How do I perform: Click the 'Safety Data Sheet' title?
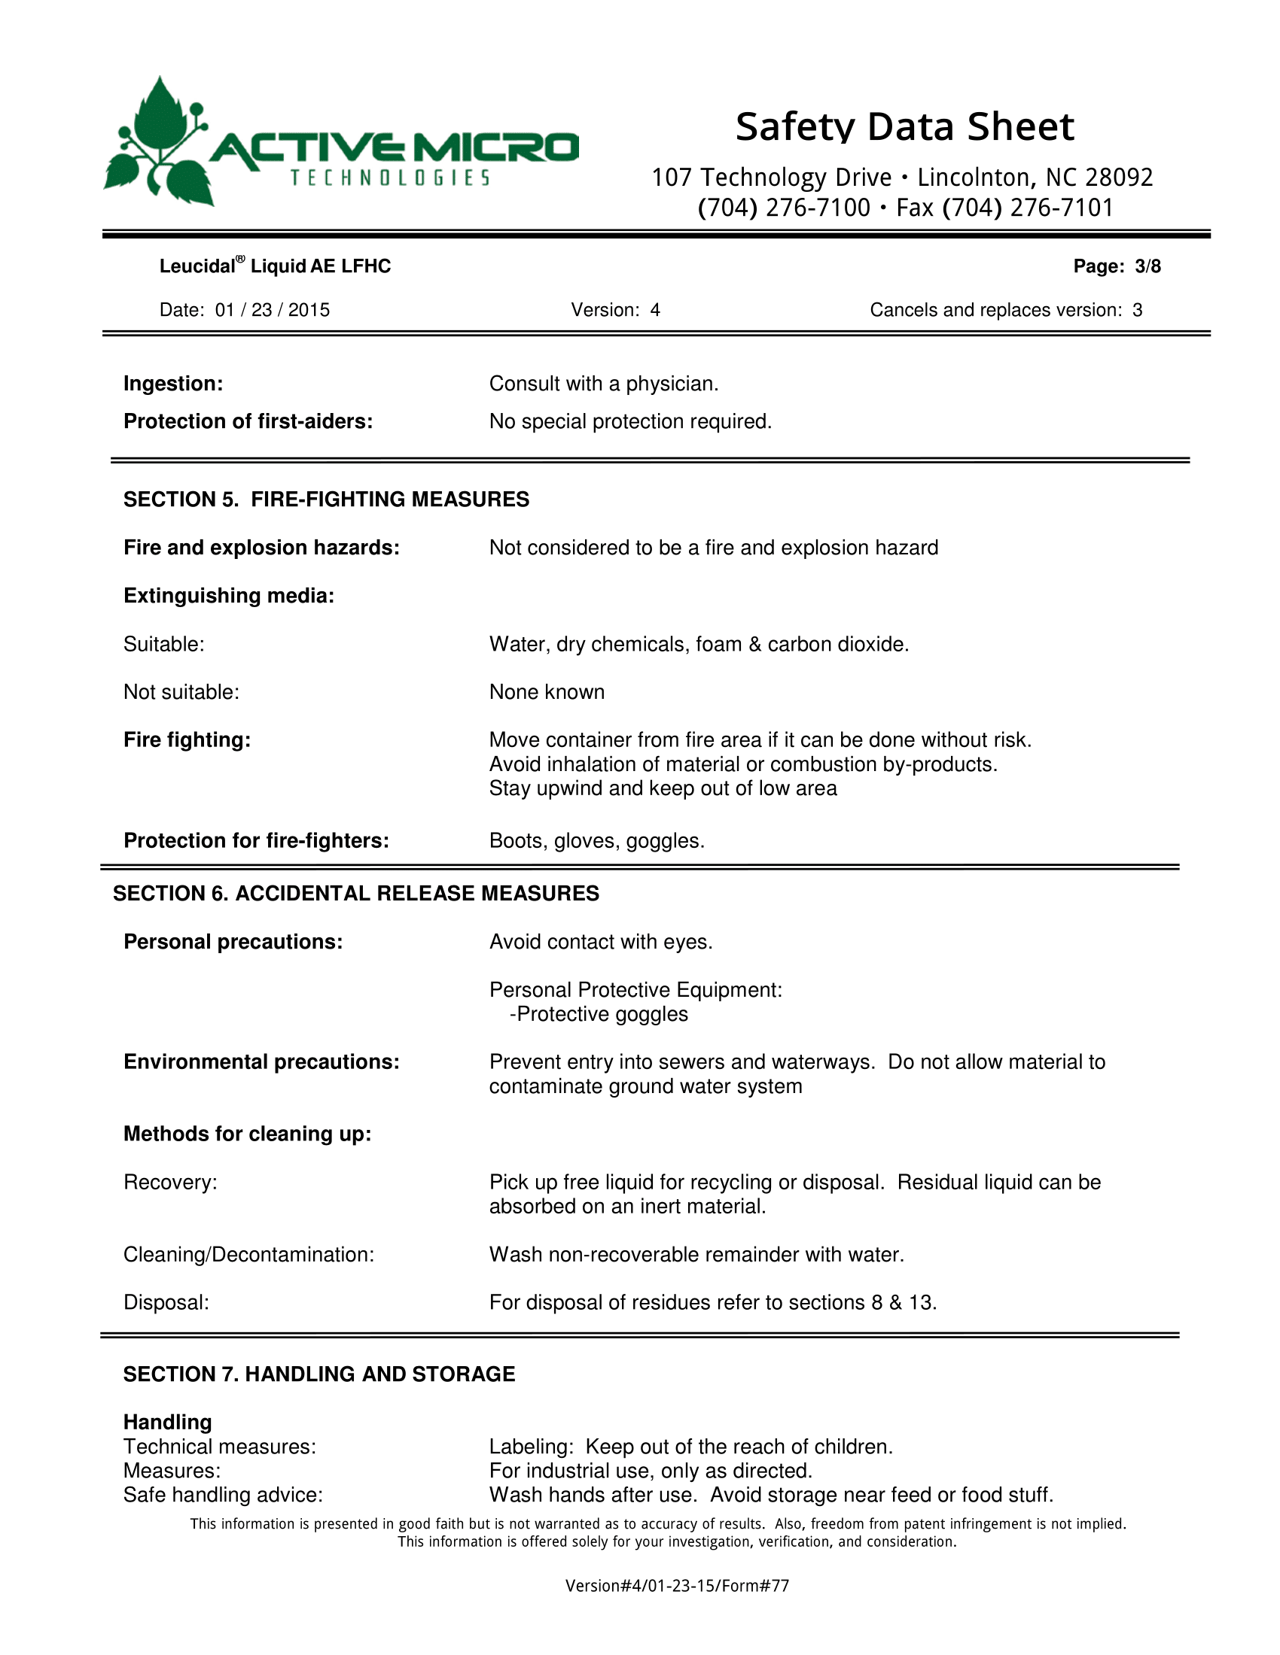tap(904, 126)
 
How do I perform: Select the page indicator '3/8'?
tap(1147, 266)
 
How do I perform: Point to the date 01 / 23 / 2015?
tap(273, 310)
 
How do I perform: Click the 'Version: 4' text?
tap(615, 310)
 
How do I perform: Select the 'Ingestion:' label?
tap(173, 384)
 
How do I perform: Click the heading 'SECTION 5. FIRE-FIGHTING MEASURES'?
tap(326, 500)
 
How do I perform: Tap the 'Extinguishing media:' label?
tap(228, 596)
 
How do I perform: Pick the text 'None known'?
tap(547, 692)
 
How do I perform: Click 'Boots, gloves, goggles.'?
tap(597, 840)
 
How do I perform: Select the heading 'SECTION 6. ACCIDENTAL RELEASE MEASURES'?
tap(355, 894)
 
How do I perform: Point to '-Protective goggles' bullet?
tap(599, 1014)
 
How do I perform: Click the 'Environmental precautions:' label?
tap(261, 1061)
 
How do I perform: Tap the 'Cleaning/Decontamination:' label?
tap(248, 1254)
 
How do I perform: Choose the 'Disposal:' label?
tap(166, 1302)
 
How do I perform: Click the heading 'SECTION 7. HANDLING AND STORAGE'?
tap(318, 1374)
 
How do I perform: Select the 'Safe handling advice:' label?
tap(223, 1494)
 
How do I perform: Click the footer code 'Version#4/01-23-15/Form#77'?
tap(677, 1585)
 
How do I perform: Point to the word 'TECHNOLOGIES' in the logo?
tap(391, 178)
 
